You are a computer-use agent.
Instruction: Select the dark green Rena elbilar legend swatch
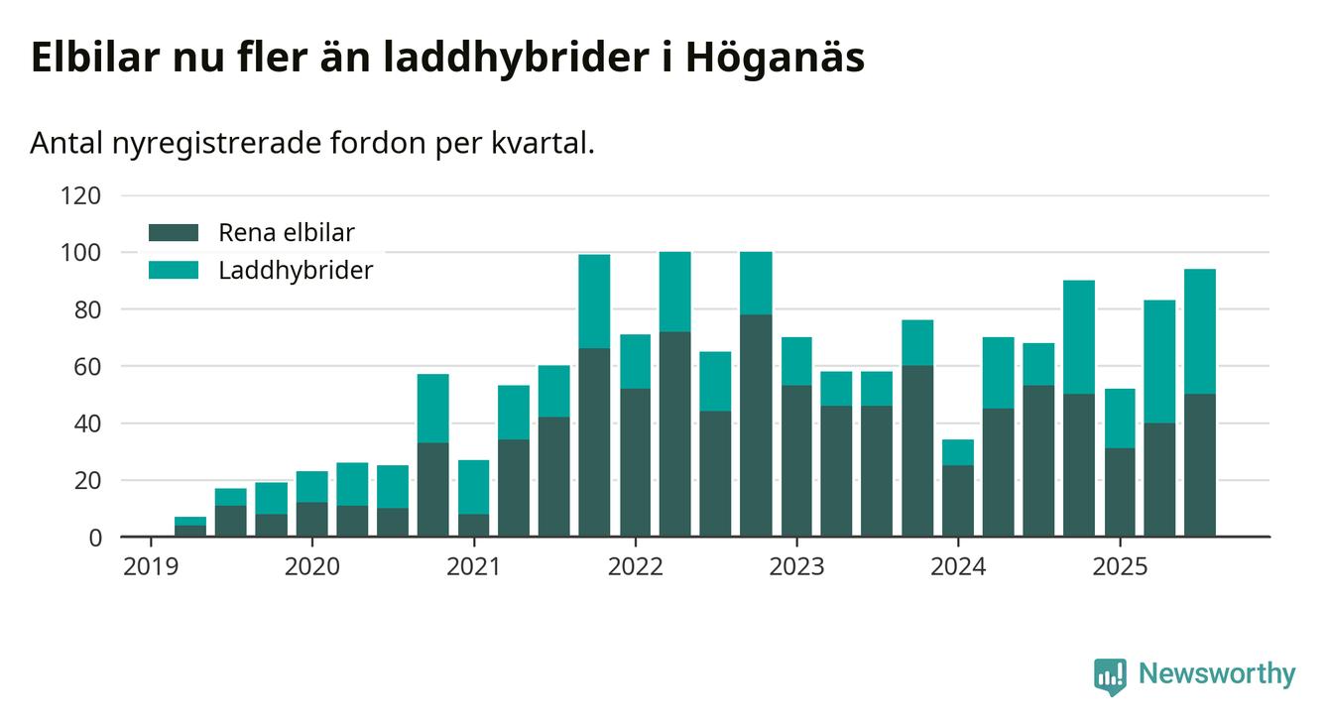pos(174,233)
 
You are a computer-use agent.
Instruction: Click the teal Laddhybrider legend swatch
pos(174,270)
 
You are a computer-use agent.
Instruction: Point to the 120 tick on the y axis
pos(81,195)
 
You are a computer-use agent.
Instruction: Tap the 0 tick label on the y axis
pos(95,538)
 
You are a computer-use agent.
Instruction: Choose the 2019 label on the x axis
pos(151,566)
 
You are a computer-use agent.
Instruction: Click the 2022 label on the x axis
pos(635,566)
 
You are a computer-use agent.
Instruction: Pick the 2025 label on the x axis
pos(1120,566)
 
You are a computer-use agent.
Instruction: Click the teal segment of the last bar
pos(1200,331)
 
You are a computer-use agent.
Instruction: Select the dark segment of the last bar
pos(1200,465)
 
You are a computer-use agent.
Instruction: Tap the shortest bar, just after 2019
pos(190,527)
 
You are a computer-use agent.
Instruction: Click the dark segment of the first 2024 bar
pos(958,501)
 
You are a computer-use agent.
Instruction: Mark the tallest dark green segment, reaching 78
pos(756,425)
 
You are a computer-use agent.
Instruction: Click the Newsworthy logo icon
pos(1110,675)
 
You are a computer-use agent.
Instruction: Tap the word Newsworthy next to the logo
pos(1216,674)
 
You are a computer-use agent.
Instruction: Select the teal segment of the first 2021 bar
pos(473,487)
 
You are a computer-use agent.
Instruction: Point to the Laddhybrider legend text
pos(296,270)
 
